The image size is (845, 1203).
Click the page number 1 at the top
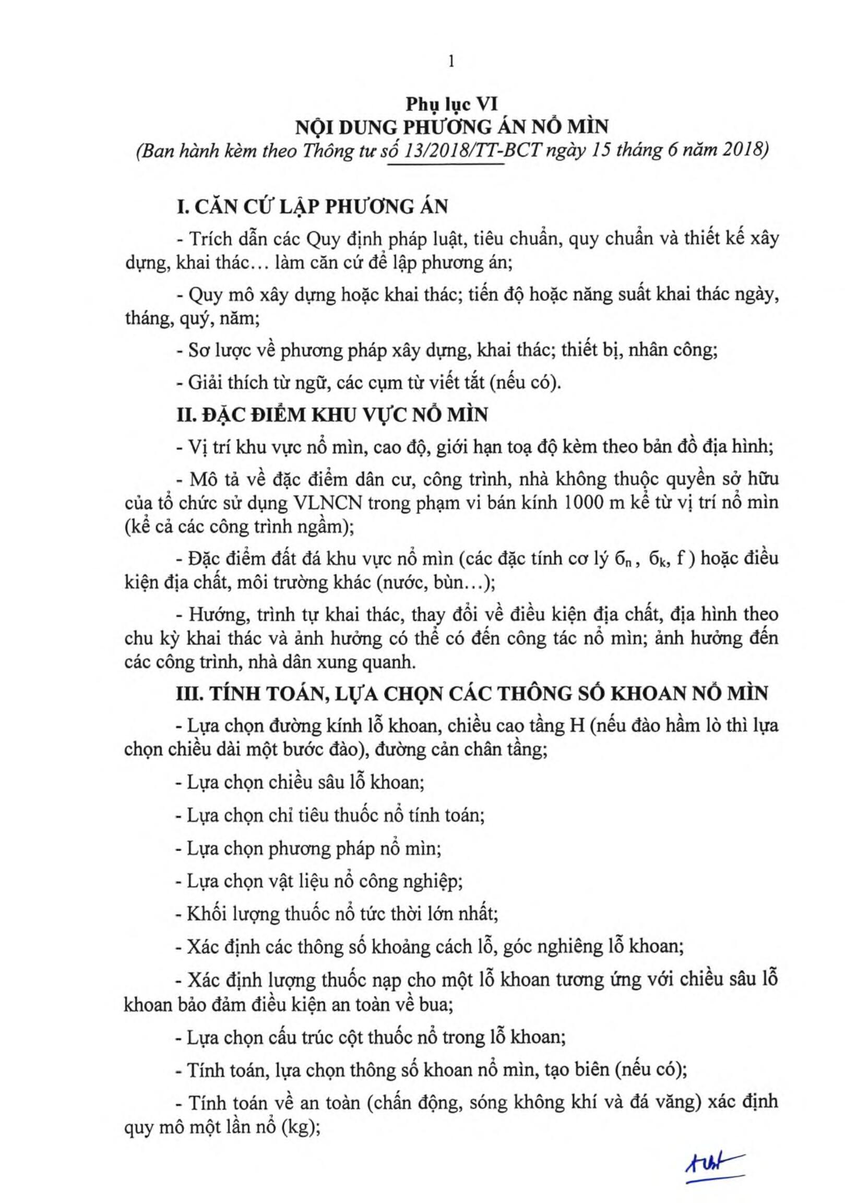coord(451,62)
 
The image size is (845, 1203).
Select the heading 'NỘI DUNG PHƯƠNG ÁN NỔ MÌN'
coord(451,127)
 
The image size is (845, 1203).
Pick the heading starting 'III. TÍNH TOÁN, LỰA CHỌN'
coord(472,693)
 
